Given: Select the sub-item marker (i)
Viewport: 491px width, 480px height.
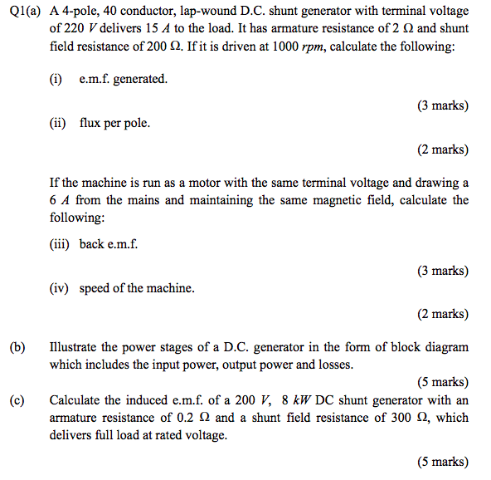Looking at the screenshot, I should (x=56, y=79).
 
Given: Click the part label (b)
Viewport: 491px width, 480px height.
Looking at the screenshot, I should (x=17, y=347).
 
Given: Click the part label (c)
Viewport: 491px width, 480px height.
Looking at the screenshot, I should (x=17, y=399).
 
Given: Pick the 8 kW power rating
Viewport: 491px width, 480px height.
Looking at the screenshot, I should (x=295, y=399).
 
